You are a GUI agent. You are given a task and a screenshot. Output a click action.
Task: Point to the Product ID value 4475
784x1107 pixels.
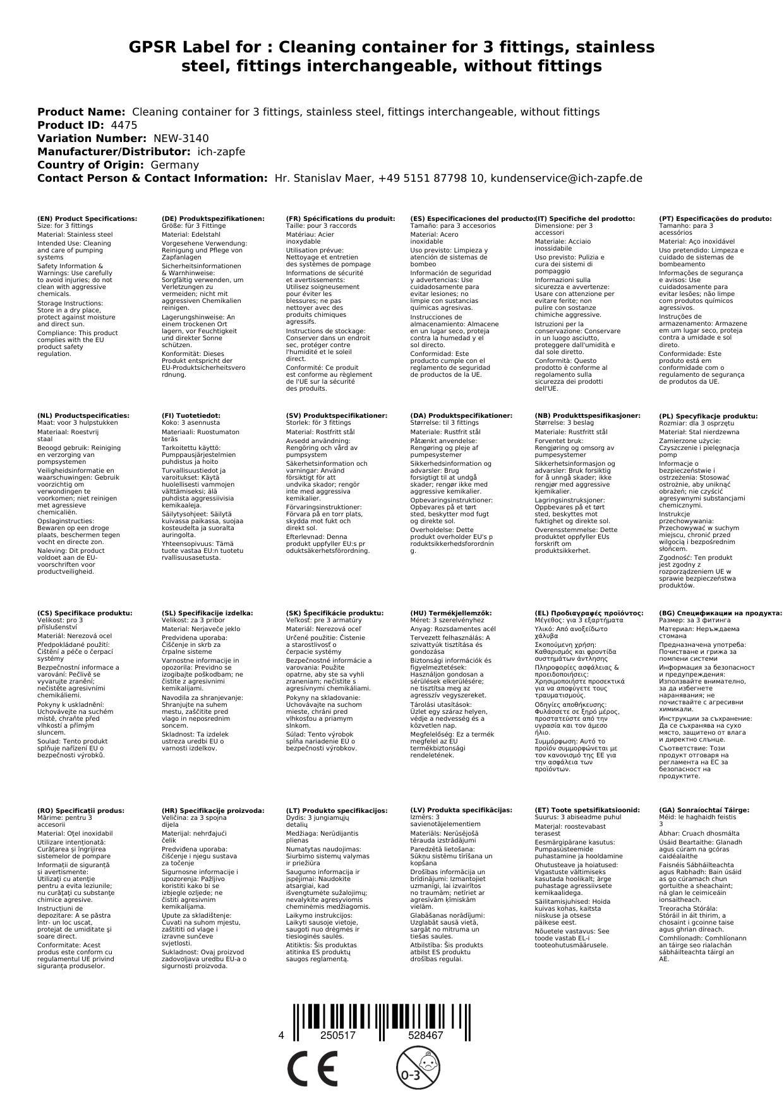pos(124,125)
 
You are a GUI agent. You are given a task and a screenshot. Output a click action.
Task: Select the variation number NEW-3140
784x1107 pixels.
pos(181,138)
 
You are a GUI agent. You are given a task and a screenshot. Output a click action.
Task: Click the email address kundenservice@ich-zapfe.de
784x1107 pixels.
pos(566,178)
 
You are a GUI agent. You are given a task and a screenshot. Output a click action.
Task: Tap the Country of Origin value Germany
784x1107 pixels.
pos(174,165)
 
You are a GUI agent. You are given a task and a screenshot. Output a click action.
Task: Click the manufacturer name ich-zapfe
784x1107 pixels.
pos(221,151)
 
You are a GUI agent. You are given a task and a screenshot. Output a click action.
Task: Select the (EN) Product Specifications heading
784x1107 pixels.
pos(87,218)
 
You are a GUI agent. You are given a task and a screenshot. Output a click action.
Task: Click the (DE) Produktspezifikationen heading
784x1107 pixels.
pos(213,218)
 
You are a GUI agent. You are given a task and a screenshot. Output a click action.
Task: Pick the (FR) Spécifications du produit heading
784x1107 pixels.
pos(341,218)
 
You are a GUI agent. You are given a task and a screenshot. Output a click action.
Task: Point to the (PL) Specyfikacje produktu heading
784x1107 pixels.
pos(708,416)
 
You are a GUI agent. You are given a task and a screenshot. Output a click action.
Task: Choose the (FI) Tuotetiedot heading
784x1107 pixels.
pos(191,415)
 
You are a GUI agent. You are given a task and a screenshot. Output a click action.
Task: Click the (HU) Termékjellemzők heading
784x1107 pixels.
pos(450,613)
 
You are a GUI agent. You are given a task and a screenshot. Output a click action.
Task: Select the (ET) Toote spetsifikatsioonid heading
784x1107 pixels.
pos(587,810)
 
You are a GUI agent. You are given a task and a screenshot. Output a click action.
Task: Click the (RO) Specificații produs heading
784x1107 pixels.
pos(80,810)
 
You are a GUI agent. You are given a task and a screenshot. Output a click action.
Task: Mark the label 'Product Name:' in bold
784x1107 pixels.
pos(81,112)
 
